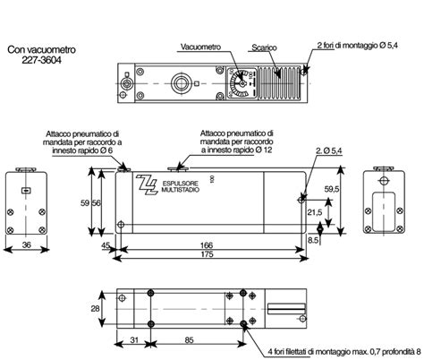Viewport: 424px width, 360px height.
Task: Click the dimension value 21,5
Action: [313, 212]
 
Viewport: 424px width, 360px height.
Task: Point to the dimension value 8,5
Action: [313, 240]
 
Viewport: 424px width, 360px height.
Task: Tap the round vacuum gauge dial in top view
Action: [239, 82]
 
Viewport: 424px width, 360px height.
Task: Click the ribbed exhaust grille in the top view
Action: [280, 81]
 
